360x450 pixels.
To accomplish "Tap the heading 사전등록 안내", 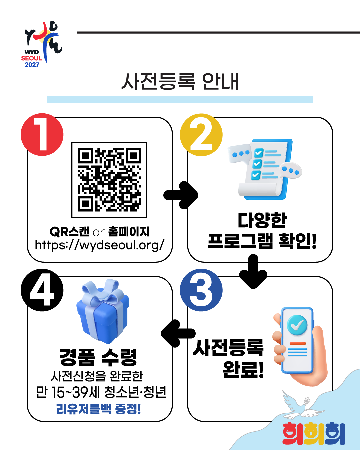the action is point(180,82).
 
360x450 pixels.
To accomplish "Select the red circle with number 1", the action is point(42,134).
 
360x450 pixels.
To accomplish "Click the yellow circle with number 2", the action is point(201,135).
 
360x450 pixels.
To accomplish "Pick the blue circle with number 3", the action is point(201,290).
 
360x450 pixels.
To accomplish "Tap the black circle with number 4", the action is point(42,290).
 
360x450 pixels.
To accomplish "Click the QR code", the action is point(109,180).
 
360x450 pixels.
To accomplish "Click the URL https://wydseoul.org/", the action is point(100,245).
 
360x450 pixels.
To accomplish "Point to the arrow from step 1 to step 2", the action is point(181,195).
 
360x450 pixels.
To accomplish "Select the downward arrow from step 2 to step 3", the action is point(253,271).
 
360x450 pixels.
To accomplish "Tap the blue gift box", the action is point(103,312).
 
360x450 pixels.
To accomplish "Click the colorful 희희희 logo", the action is point(314,433).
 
